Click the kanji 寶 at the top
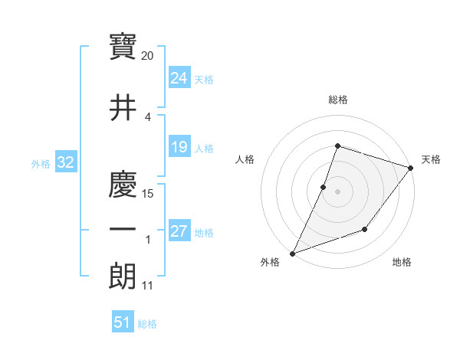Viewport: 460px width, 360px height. (123, 47)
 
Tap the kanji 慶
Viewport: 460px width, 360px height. (123, 186)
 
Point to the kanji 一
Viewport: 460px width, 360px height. (123, 231)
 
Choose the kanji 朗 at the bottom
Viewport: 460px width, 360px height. (123, 277)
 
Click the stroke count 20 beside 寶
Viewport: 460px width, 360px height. (148, 56)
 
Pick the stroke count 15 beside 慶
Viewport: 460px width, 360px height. (149, 194)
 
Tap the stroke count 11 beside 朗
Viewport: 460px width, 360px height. (148, 286)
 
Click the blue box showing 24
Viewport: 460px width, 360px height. (179, 78)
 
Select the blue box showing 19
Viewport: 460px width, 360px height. (179, 147)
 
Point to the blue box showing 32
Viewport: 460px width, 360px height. (65, 162)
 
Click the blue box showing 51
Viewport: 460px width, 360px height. (123, 322)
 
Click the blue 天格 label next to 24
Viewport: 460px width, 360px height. (204, 79)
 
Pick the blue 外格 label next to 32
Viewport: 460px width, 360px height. (41, 163)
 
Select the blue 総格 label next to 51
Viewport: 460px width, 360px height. (147, 323)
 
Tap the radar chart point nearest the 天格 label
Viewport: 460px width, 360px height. (411, 168)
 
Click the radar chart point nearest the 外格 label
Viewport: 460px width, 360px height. (292, 253)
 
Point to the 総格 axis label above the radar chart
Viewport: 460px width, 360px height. (337, 100)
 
